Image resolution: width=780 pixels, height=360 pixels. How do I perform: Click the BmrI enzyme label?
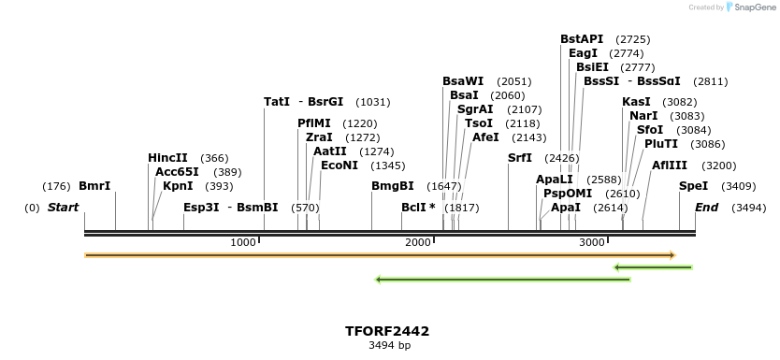click(x=94, y=186)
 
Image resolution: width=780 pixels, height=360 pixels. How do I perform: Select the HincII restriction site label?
click(x=167, y=158)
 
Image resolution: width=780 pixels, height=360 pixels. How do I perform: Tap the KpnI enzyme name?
click(x=178, y=186)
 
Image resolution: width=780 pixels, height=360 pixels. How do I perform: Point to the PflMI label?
click(x=314, y=123)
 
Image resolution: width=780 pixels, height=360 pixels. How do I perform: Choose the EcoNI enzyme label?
click(x=339, y=166)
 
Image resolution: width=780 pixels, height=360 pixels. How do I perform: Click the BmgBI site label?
click(x=392, y=186)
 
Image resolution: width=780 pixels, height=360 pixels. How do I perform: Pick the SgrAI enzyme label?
click(x=475, y=109)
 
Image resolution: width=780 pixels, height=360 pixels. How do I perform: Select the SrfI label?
click(x=519, y=158)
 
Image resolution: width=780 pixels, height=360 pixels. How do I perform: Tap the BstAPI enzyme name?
click(x=582, y=39)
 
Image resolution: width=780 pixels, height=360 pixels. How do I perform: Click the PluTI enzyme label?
click(x=661, y=144)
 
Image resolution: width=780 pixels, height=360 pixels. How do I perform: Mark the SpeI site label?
click(x=693, y=186)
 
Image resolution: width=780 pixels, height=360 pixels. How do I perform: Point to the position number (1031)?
click(x=373, y=102)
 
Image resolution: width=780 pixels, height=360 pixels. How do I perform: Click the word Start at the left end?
click(x=63, y=208)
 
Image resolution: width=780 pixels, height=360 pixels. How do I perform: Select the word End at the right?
click(x=706, y=208)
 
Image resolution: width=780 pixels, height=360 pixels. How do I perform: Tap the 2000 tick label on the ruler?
click(x=417, y=242)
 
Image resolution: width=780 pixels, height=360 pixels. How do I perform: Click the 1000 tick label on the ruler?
click(x=243, y=242)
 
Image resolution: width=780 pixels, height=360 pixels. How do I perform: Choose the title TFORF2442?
click(x=387, y=331)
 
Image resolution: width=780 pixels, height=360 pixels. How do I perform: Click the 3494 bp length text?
click(x=389, y=346)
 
